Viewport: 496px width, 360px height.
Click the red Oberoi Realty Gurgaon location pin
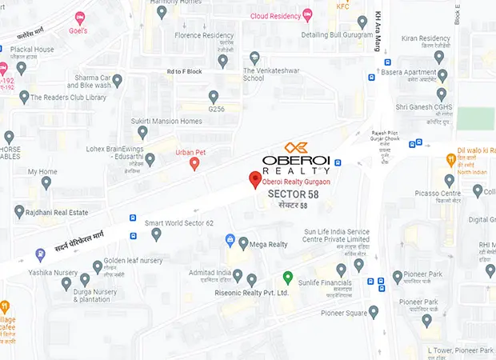(x=255, y=180)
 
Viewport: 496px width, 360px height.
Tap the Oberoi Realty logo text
(x=296, y=160)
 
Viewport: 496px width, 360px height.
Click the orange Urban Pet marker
(x=194, y=164)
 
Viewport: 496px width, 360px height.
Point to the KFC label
(x=343, y=6)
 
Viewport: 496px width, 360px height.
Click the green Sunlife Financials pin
(x=288, y=278)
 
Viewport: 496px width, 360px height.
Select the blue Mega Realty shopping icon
(x=230, y=240)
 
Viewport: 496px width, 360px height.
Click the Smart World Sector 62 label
(x=178, y=222)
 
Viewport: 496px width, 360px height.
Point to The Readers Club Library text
(x=68, y=98)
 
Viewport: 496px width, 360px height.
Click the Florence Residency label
(x=204, y=36)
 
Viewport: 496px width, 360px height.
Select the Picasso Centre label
(x=438, y=194)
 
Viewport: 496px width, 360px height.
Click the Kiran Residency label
(x=427, y=38)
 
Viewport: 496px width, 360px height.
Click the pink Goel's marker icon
(x=79, y=17)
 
